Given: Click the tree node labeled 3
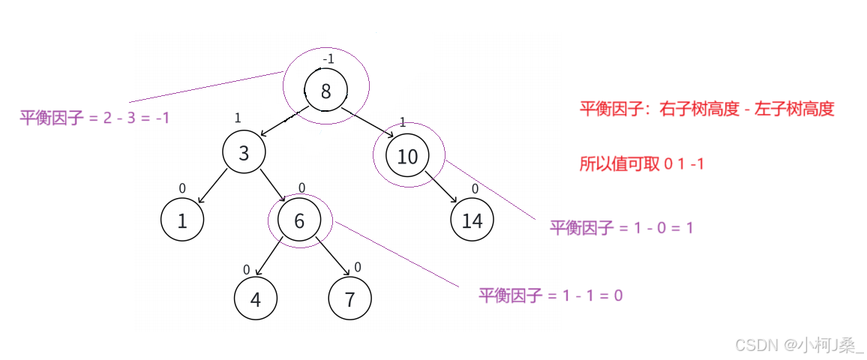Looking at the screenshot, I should pos(244,153).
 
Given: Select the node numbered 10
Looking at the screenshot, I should pos(407,157).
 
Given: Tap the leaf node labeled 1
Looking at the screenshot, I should pos(182,220).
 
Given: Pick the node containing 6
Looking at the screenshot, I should pos(299,220).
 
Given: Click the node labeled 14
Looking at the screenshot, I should pos(472,220).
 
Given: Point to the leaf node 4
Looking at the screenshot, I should pos(256,299).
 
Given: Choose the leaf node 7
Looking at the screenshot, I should pos(349,299).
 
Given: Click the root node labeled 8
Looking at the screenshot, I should pos(326,91).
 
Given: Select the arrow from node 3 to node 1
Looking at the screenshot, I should pos(212,187).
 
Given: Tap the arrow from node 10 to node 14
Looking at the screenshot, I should pos(441,187).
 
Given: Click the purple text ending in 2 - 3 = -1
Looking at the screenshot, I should pos(95,118).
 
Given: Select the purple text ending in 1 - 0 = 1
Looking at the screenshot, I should pos(622,227).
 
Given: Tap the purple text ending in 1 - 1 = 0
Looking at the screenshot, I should pos(551,295).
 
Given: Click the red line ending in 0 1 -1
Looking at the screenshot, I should pos(641,164).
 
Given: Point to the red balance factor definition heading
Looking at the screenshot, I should pos(706,109).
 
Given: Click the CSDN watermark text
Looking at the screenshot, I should pos(798,344).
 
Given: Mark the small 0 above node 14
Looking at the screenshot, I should pos(475,189).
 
